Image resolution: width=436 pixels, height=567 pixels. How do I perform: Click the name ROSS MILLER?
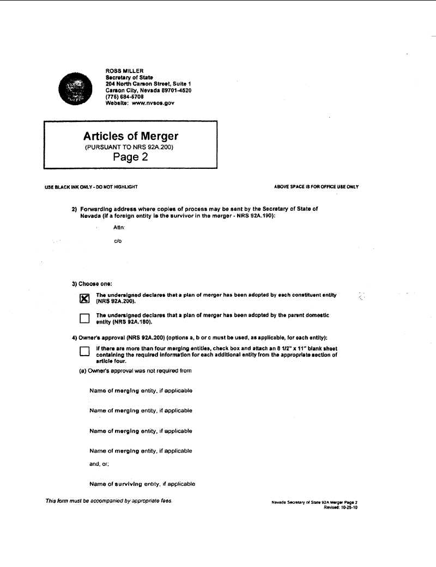[124, 71]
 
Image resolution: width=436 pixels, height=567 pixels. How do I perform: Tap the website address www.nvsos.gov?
[153, 103]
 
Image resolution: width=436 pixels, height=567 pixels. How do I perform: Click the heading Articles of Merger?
[130, 136]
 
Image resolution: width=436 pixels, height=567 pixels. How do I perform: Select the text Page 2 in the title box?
[130, 157]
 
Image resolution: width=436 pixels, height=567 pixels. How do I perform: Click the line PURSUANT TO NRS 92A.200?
[130, 147]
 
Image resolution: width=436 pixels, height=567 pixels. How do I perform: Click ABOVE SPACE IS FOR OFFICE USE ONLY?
[316, 187]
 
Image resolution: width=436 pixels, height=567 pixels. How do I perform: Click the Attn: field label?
[119, 228]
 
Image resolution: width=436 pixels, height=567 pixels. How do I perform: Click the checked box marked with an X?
[84, 298]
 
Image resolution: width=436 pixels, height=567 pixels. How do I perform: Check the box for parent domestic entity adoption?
[84, 318]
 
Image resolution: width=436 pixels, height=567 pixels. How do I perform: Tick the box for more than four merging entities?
[84, 351]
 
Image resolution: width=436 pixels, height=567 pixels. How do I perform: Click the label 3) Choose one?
[92, 284]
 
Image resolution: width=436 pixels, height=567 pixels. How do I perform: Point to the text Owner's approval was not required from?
[136, 371]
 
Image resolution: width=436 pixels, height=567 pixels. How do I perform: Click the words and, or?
[99, 464]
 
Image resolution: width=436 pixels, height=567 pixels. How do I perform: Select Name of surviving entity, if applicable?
[142, 484]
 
